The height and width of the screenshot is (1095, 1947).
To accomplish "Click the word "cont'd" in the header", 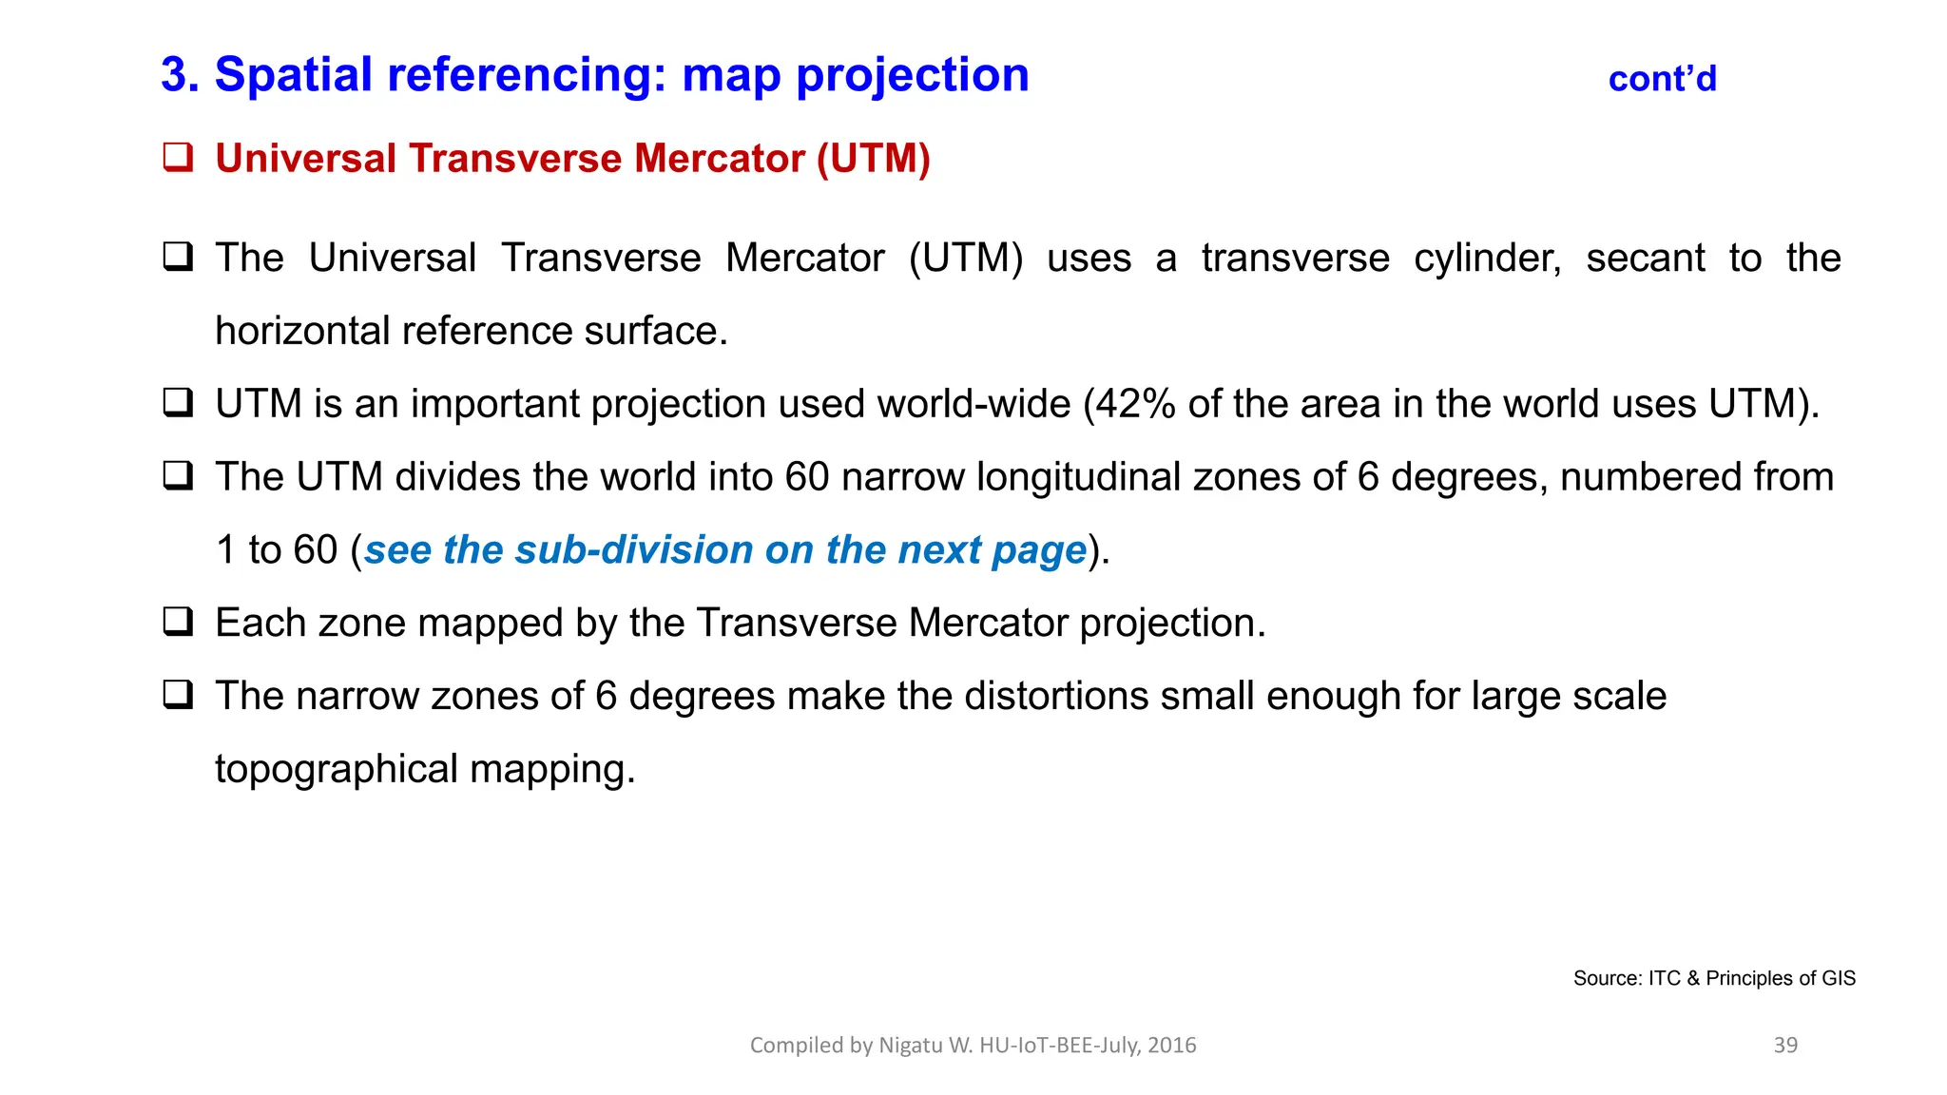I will point(1662,79).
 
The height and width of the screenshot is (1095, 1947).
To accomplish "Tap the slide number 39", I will point(1785,1045).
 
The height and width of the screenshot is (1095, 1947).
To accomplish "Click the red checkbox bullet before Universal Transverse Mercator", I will point(178,157).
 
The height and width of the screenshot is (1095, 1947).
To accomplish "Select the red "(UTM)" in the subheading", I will point(873,159).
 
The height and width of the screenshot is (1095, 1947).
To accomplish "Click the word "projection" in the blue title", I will point(912,75).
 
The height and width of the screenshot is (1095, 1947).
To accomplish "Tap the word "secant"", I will point(1645,259).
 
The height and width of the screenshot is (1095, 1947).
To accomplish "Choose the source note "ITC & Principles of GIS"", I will point(1751,978).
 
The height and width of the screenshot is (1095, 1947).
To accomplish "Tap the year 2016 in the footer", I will point(1171,1046).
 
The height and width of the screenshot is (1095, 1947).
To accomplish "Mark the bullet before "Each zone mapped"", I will point(178,622).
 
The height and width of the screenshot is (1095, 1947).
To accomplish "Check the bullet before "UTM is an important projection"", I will point(178,403).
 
